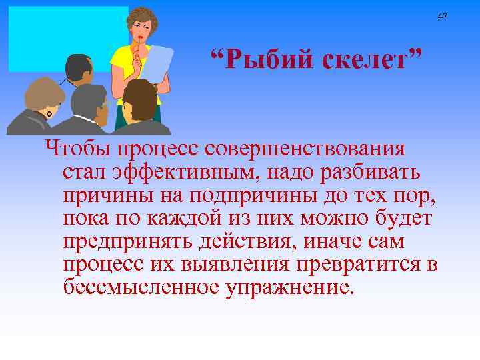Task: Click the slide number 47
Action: point(443,16)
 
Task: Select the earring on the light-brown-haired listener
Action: point(49,114)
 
